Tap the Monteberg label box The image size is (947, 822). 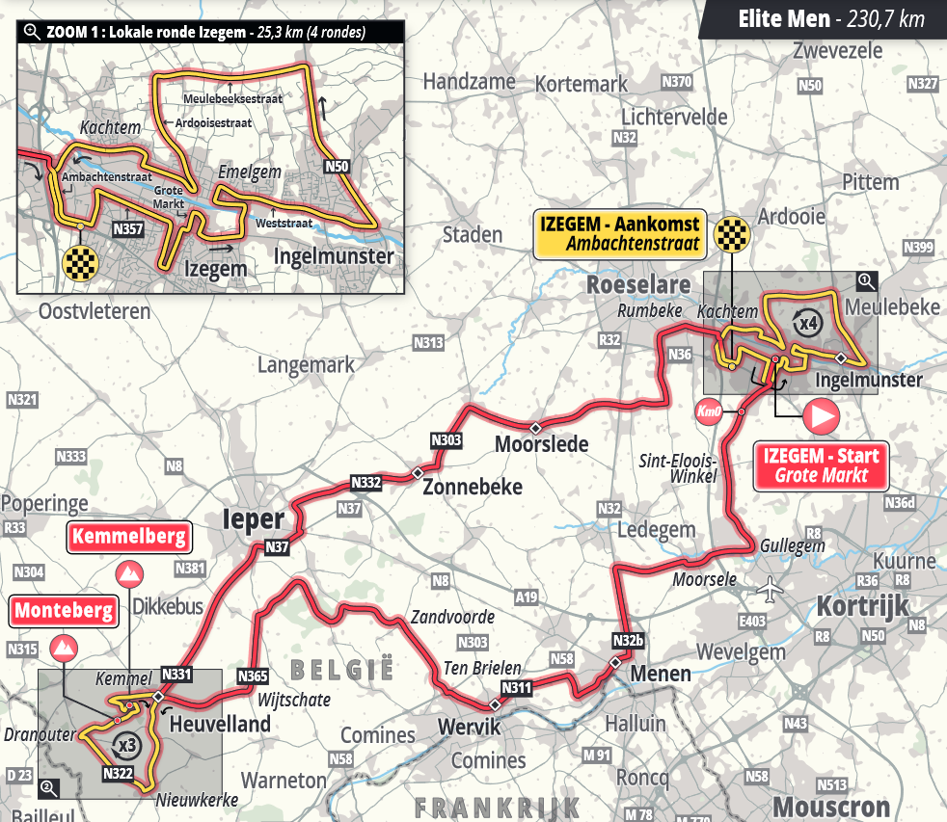64,610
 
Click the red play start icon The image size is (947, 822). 821,415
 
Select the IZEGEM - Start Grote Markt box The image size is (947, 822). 820,464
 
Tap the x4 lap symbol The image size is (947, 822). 807,322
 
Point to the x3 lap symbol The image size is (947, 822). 124,745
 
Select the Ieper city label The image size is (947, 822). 254,520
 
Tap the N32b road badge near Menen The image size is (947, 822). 627,640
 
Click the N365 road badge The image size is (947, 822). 251,676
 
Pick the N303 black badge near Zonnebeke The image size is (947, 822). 446,441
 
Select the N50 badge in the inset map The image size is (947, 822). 336,166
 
